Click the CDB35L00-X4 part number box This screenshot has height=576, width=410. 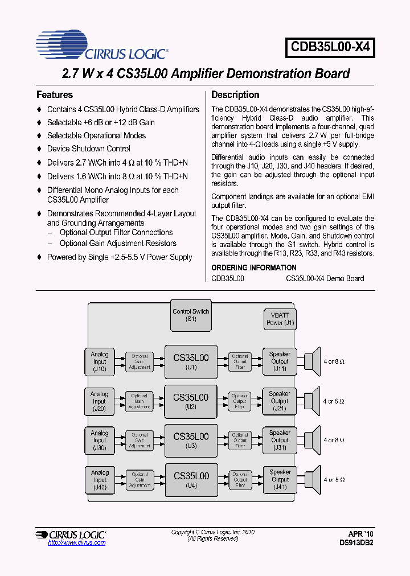click(x=331, y=48)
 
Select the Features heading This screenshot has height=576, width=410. click(x=55, y=95)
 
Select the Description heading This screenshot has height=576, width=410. click(x=235, y=95)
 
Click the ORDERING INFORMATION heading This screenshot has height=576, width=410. click(x=254, y=268)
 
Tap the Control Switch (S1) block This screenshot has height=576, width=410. click(x=191, y=316)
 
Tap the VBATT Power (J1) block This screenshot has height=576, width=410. click(x=280, y=319)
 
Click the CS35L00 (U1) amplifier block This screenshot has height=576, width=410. click(x=191, y=361)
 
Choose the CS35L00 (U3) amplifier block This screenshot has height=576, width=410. click(x=191, y=440)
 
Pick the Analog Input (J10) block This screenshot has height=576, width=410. click(x=100, y=361)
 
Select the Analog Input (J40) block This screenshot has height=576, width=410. click(x=100, y=479)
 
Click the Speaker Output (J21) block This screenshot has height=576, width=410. click(x=279, y=401)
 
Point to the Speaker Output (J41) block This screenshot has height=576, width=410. click(x=280, y=479)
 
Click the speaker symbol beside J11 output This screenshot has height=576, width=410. click(x=311, y=361)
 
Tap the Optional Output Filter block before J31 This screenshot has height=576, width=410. click(x=240, y=440)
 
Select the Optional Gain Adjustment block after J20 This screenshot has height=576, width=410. click(x=139, y=401)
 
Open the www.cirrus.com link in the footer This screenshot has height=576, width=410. click(x=77, y=542)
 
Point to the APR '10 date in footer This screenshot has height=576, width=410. click(x=361, y=534)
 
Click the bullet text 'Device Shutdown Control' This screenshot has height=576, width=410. click(x=89, y=149)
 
